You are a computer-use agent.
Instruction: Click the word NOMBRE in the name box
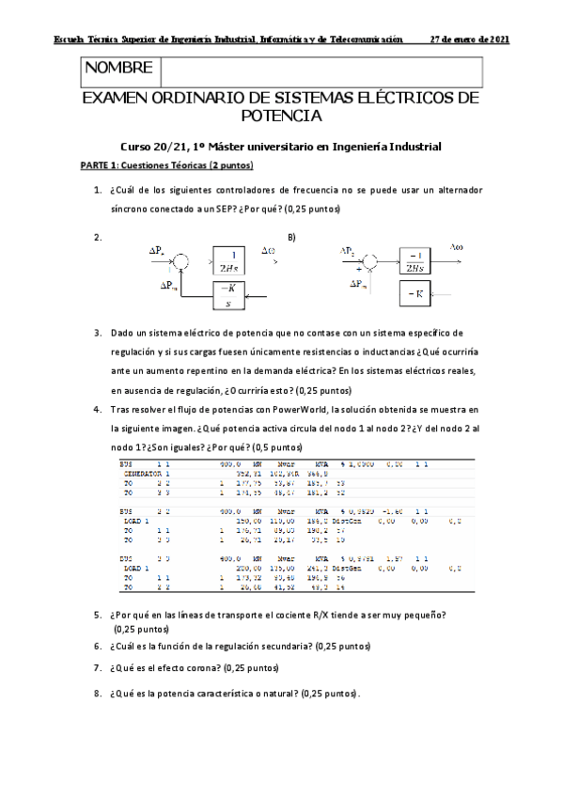118,69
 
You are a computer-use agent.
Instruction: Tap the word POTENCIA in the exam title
281,117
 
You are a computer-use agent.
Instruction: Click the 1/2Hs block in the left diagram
227,259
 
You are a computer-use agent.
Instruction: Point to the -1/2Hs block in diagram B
418,259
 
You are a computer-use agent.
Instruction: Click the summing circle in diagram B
369,258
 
